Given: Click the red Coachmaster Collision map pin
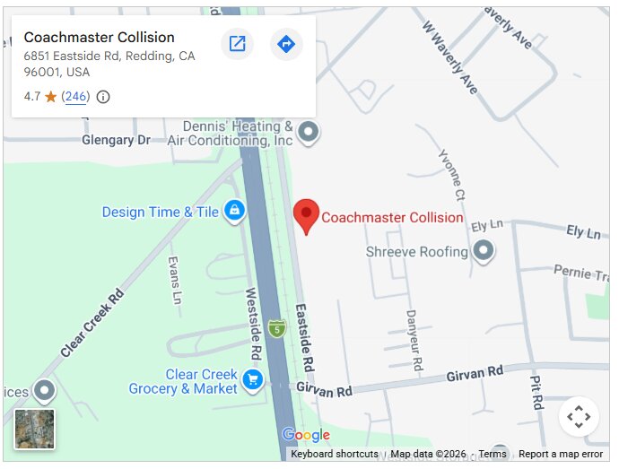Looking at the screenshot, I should (307, 215).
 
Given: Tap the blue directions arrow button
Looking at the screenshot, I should (286, 44).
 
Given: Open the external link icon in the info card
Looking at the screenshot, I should (237, 44).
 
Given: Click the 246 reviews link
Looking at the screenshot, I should (75, 97).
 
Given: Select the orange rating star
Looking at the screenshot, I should (51, 97).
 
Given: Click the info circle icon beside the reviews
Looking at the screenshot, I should (103, 97).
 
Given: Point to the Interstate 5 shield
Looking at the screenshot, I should (277, 328).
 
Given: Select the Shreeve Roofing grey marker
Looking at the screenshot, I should (484, 251).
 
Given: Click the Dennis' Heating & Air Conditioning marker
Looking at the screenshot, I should (309, 134).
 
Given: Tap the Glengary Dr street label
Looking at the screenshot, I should (116, 141).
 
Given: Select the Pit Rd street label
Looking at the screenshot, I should (536, 392).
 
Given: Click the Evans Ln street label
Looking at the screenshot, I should (175, 280).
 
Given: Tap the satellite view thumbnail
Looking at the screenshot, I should (34, 429).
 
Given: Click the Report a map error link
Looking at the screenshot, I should (560, 455).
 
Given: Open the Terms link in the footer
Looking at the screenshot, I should (493, 455).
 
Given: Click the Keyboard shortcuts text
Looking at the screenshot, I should (334, 455).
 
